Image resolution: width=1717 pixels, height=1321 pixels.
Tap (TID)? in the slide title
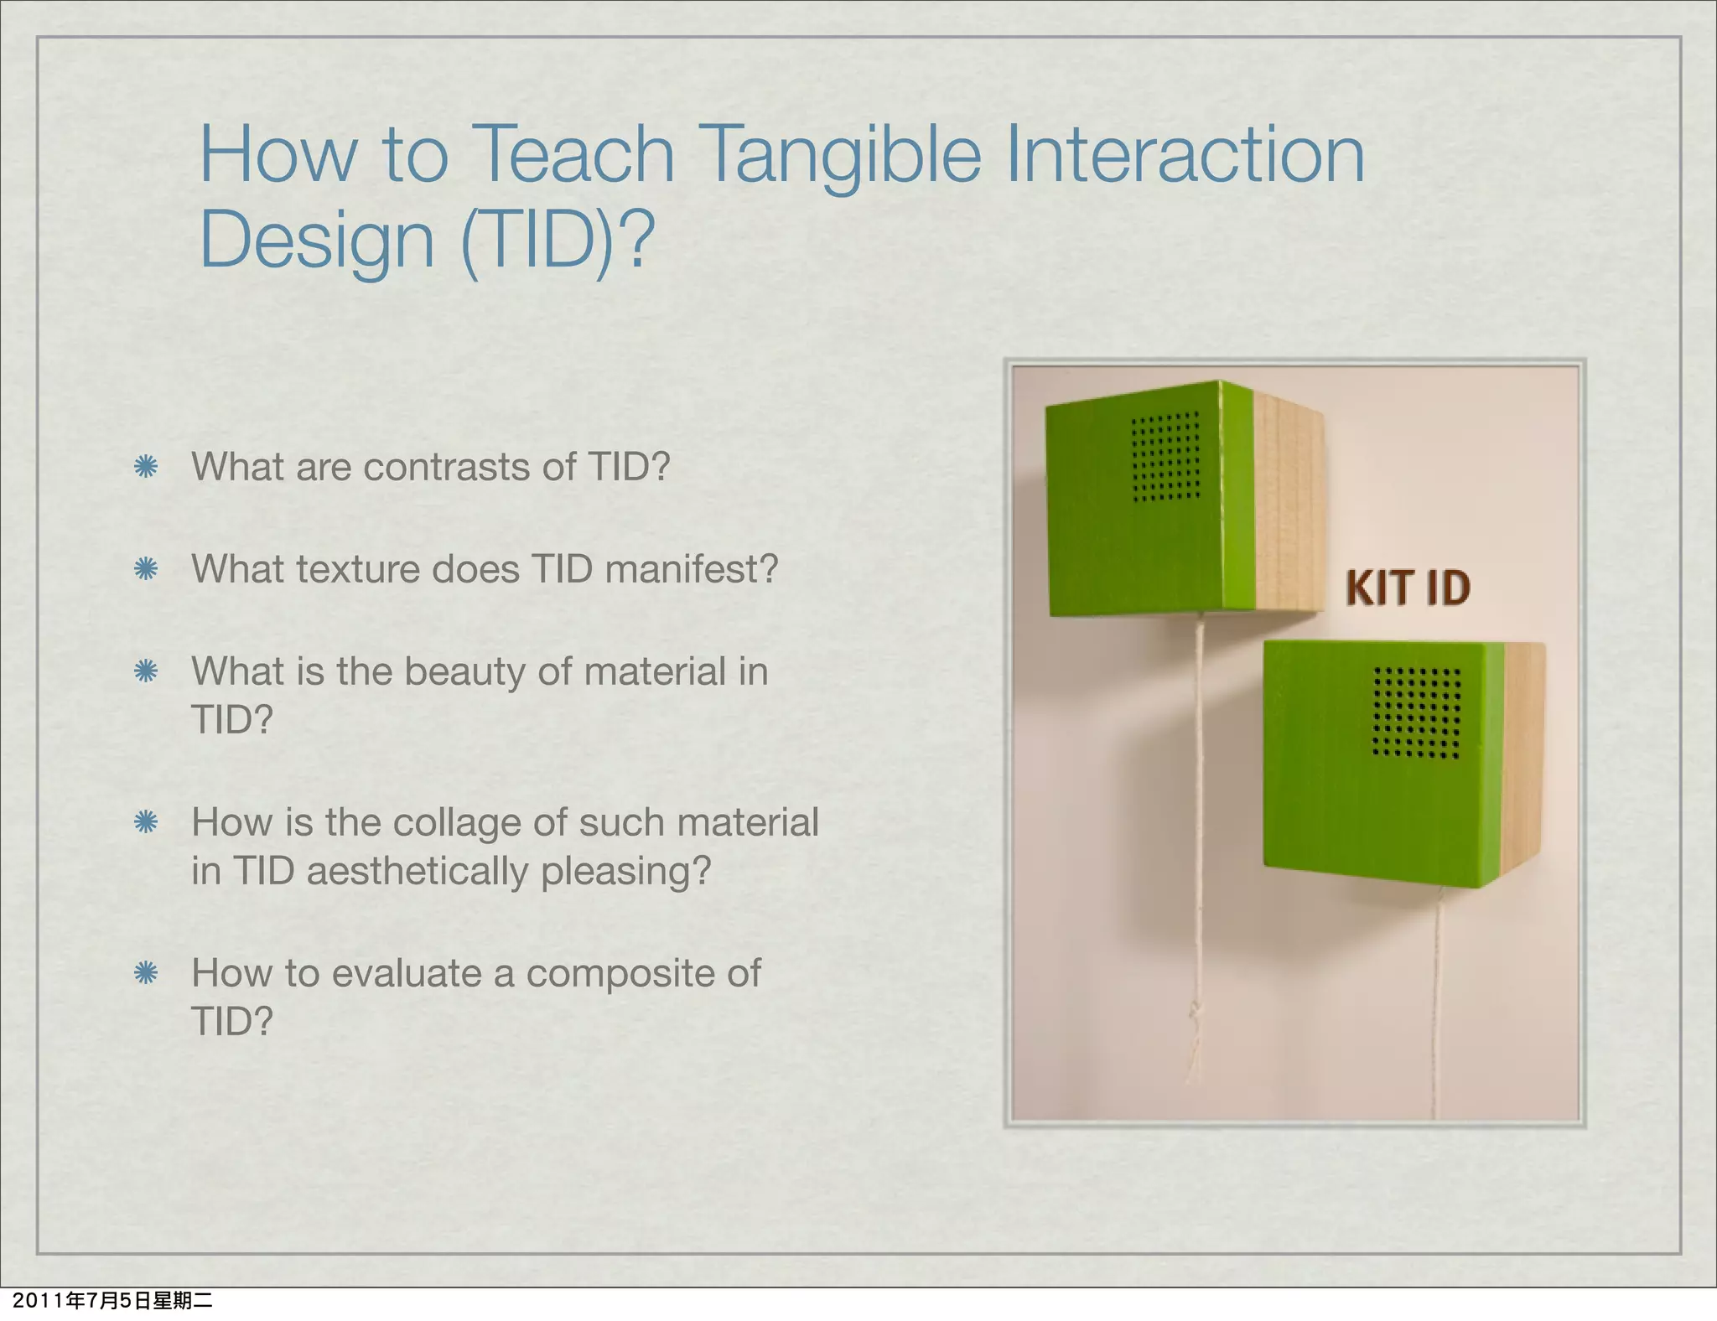pos(558,241)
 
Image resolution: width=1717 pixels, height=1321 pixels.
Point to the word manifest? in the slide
pos(691,569)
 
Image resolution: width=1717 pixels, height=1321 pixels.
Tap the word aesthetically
pos(418,871)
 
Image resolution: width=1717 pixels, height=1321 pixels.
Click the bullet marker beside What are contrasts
pos(146,467)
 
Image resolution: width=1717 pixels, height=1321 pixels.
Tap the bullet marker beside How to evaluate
pos(146,973)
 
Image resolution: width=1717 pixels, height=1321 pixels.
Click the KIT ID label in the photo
pos(1408,588)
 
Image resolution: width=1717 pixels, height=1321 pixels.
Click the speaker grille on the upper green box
pos(1165,457)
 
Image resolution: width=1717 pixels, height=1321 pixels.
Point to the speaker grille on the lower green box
pos(1416,712)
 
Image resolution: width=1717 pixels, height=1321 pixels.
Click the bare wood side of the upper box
pos(1287,503)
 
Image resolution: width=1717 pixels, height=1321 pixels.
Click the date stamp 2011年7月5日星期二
pos(113,1301)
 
